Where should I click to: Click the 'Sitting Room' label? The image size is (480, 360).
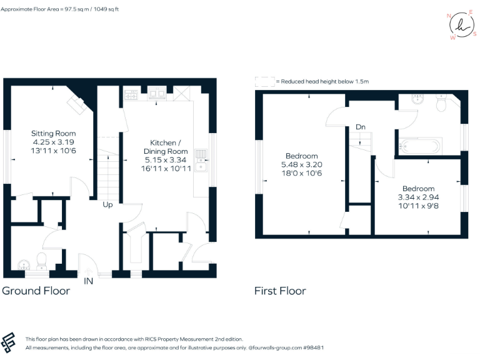54,133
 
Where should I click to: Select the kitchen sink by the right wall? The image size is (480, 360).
201,160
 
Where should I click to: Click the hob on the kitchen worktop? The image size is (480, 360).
131,95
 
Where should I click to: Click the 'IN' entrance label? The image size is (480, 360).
89,281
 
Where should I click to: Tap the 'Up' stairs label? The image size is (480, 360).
107,204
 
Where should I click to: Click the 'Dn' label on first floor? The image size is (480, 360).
360,127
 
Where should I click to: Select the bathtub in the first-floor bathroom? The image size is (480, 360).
420,147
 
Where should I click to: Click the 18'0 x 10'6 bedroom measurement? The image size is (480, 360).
302,173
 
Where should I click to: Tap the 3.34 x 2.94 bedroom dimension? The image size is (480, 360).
418,197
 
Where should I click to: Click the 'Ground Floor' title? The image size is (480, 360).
36,291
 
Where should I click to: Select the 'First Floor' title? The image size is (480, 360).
280,291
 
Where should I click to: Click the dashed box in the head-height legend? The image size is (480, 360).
264,81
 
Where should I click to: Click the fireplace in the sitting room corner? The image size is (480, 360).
78,103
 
